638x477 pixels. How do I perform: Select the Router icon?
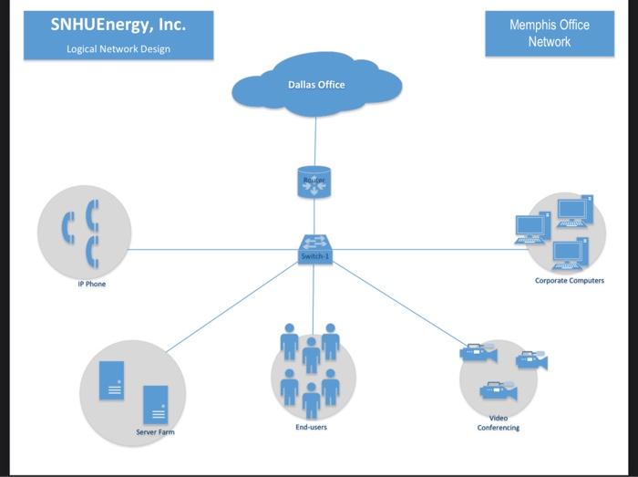(314, 181)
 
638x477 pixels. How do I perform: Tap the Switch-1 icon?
(315, 248)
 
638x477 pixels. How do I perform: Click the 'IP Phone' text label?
(91, 285)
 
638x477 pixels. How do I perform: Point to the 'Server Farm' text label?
(155, 431)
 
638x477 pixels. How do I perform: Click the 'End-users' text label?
(311, 427)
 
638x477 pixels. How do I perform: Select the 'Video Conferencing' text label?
(498, 422)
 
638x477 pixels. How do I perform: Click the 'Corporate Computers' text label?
(569, 281)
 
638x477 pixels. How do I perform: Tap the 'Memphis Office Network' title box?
(550, 34)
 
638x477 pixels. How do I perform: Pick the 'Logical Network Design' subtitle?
(118, 49)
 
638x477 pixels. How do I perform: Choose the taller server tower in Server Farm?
(112, 379)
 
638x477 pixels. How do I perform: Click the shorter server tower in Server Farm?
(156, 403)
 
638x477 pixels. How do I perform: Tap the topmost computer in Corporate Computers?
(574, 211)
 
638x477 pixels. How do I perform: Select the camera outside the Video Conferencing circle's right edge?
(532, 361)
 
